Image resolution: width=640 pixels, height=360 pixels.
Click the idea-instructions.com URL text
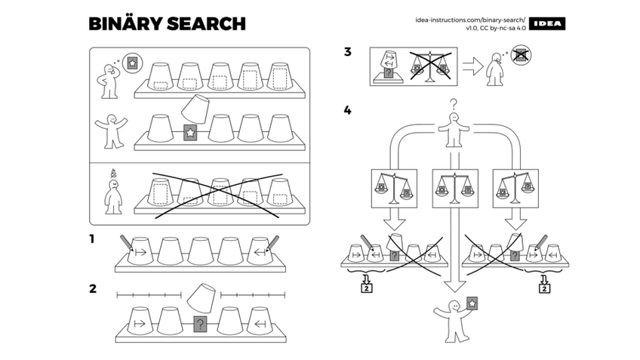point(469,19)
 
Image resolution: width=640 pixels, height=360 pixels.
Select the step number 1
point(92,239)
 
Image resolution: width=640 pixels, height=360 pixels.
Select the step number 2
point(93,288)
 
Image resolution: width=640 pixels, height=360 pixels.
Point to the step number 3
point(347,52)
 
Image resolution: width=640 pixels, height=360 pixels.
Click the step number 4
point(347,110)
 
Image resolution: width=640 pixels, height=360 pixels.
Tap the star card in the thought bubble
point(132,62)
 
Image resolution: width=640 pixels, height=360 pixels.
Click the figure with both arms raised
point(109,130)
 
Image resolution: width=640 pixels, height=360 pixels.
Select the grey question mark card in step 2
point(200,325)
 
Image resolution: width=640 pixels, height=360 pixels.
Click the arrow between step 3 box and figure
point(472,67)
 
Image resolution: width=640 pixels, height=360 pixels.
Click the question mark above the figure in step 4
point(454,105)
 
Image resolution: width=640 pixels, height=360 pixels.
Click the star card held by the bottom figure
point(472,303)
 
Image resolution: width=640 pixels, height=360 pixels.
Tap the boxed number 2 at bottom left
point(365,286)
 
